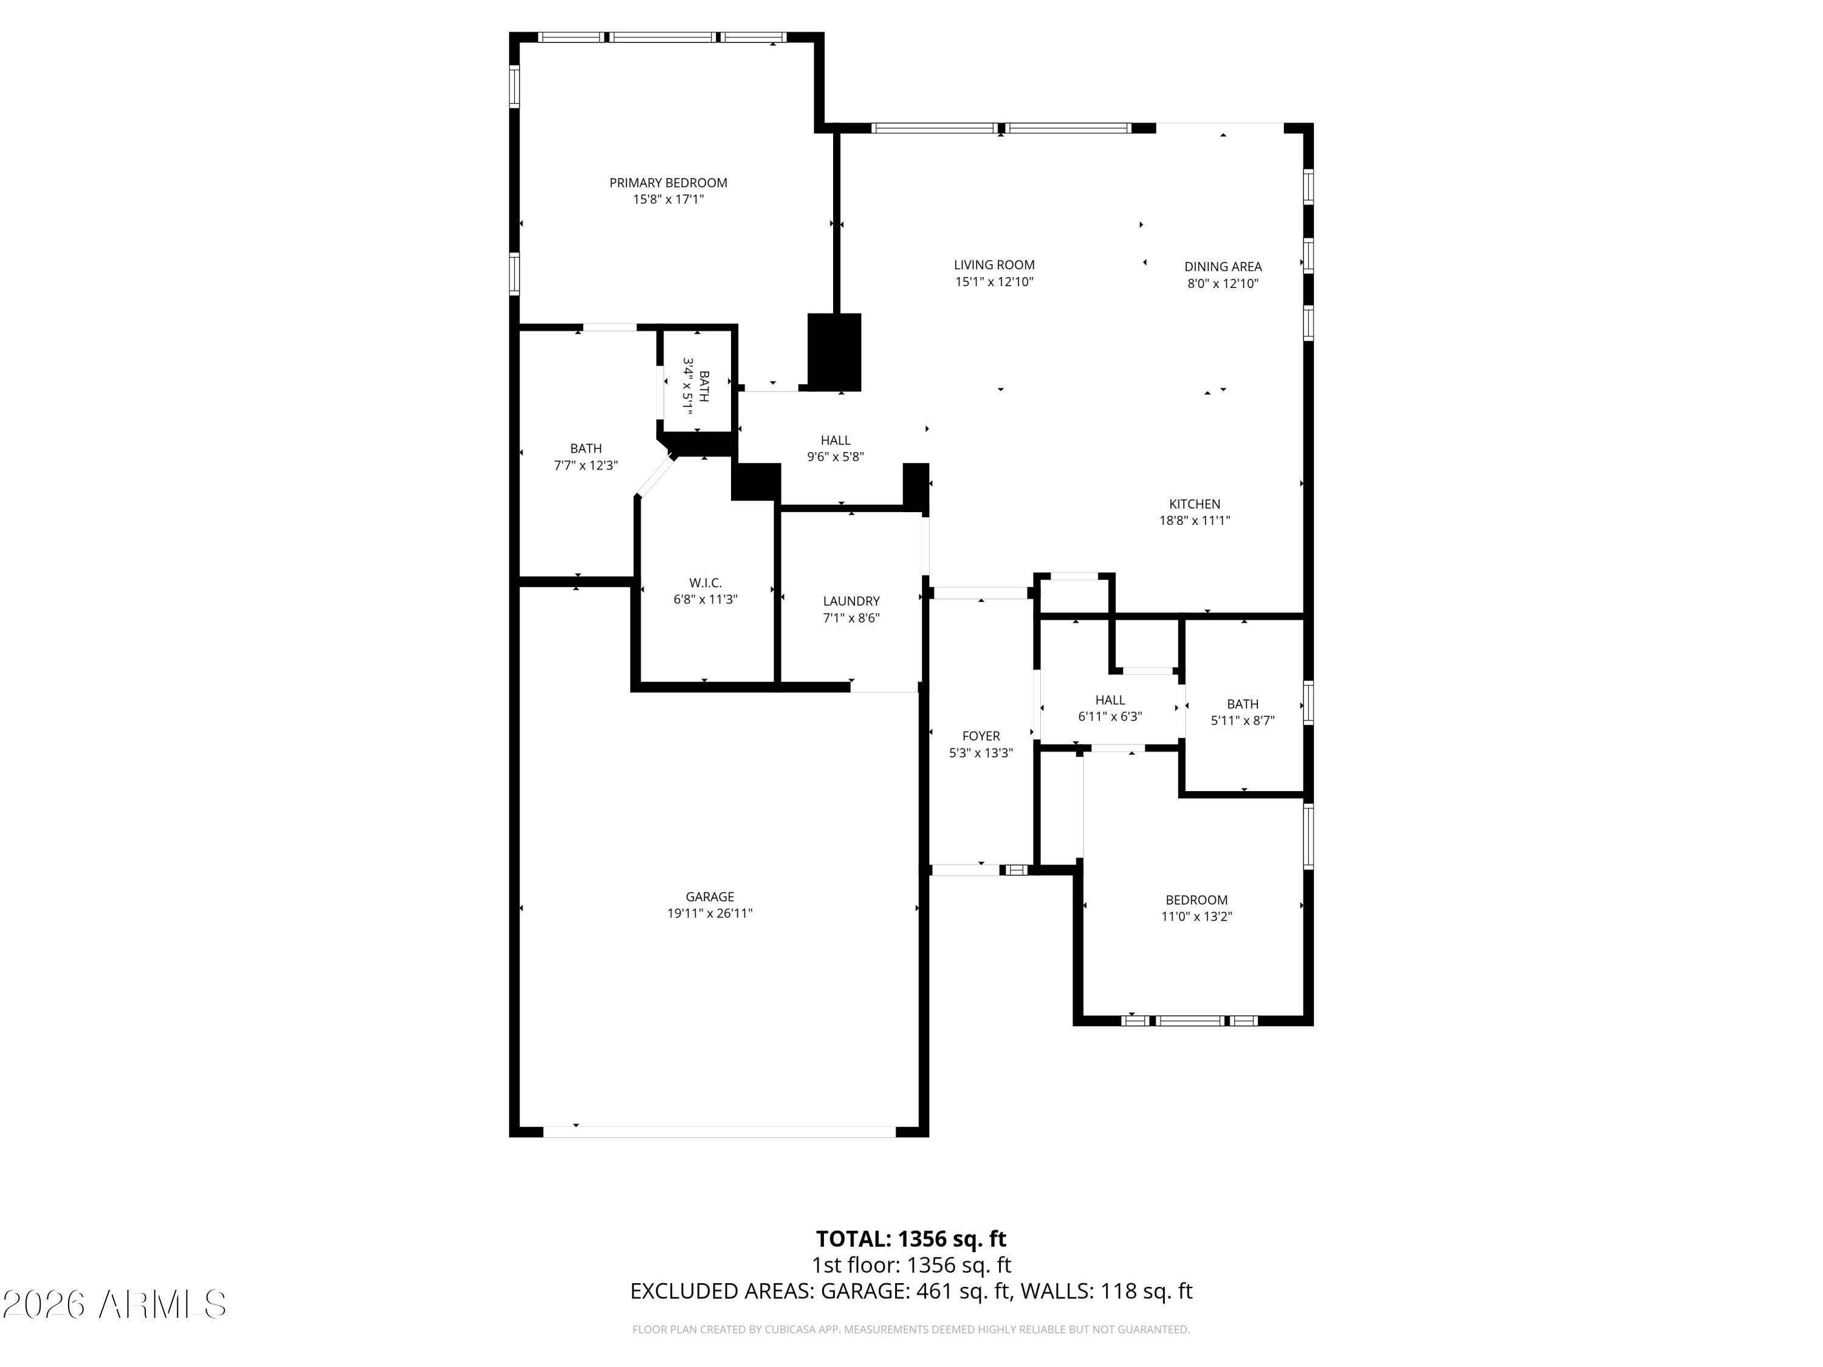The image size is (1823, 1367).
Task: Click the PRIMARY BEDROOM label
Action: [668, 183]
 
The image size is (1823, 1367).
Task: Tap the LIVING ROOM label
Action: [994, 264]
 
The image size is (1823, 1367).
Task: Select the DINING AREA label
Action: [1223, 266]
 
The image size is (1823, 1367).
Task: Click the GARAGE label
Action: [710, 897]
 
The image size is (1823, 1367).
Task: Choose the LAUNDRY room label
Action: [851, 601]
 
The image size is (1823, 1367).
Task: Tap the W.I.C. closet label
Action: [706, 583]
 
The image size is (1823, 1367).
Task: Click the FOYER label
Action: [981, 736]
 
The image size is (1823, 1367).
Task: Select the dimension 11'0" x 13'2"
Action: [1196, 916]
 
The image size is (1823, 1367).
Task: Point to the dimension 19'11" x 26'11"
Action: [710, 913]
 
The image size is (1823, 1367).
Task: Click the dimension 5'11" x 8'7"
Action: [1243, 720]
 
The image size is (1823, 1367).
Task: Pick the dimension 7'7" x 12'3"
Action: [586, 465]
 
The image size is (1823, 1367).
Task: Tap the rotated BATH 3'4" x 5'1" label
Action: [696, 386]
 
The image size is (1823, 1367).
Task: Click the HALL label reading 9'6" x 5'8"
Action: [836, 448]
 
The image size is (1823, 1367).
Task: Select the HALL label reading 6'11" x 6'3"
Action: [1110, 708]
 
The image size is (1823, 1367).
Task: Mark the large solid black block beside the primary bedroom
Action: [834, 352]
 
